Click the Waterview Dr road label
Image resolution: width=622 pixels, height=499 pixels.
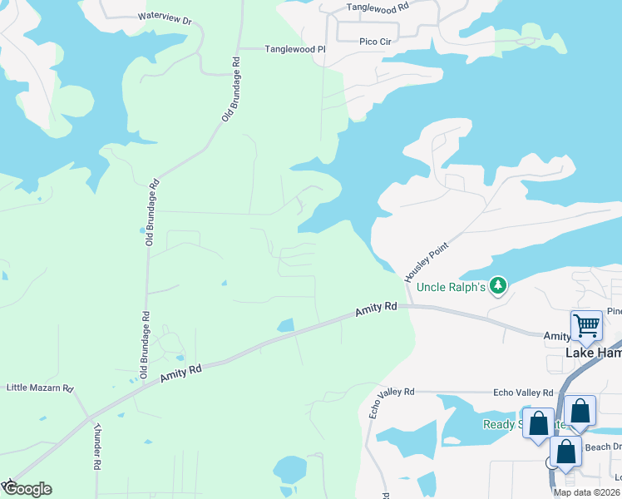tap(165, 17)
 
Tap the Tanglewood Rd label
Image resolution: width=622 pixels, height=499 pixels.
tap(378, 7)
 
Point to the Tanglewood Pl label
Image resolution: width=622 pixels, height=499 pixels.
tap(294, 50)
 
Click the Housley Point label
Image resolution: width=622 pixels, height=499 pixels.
tap(426, 260)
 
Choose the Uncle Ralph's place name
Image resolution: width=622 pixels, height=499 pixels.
tap(450, 287)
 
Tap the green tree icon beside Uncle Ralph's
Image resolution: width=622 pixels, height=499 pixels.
tap(498, 286)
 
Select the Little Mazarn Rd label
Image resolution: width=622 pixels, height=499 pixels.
tap(40, 388)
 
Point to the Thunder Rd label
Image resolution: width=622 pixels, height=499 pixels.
tap(97, 447)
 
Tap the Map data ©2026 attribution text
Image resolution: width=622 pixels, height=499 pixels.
tap(587, 492)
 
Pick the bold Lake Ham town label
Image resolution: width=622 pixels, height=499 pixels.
tap(593, 353)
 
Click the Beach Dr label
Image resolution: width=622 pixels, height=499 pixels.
tap(602, 447)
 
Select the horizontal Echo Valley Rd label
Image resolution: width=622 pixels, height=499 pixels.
tap(523, 393)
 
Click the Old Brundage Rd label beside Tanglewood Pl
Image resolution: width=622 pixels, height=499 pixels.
tap(230, 89)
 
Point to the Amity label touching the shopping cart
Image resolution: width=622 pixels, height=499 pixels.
tap(557, 336)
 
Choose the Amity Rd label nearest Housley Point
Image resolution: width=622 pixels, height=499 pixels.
tap(376, 309)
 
